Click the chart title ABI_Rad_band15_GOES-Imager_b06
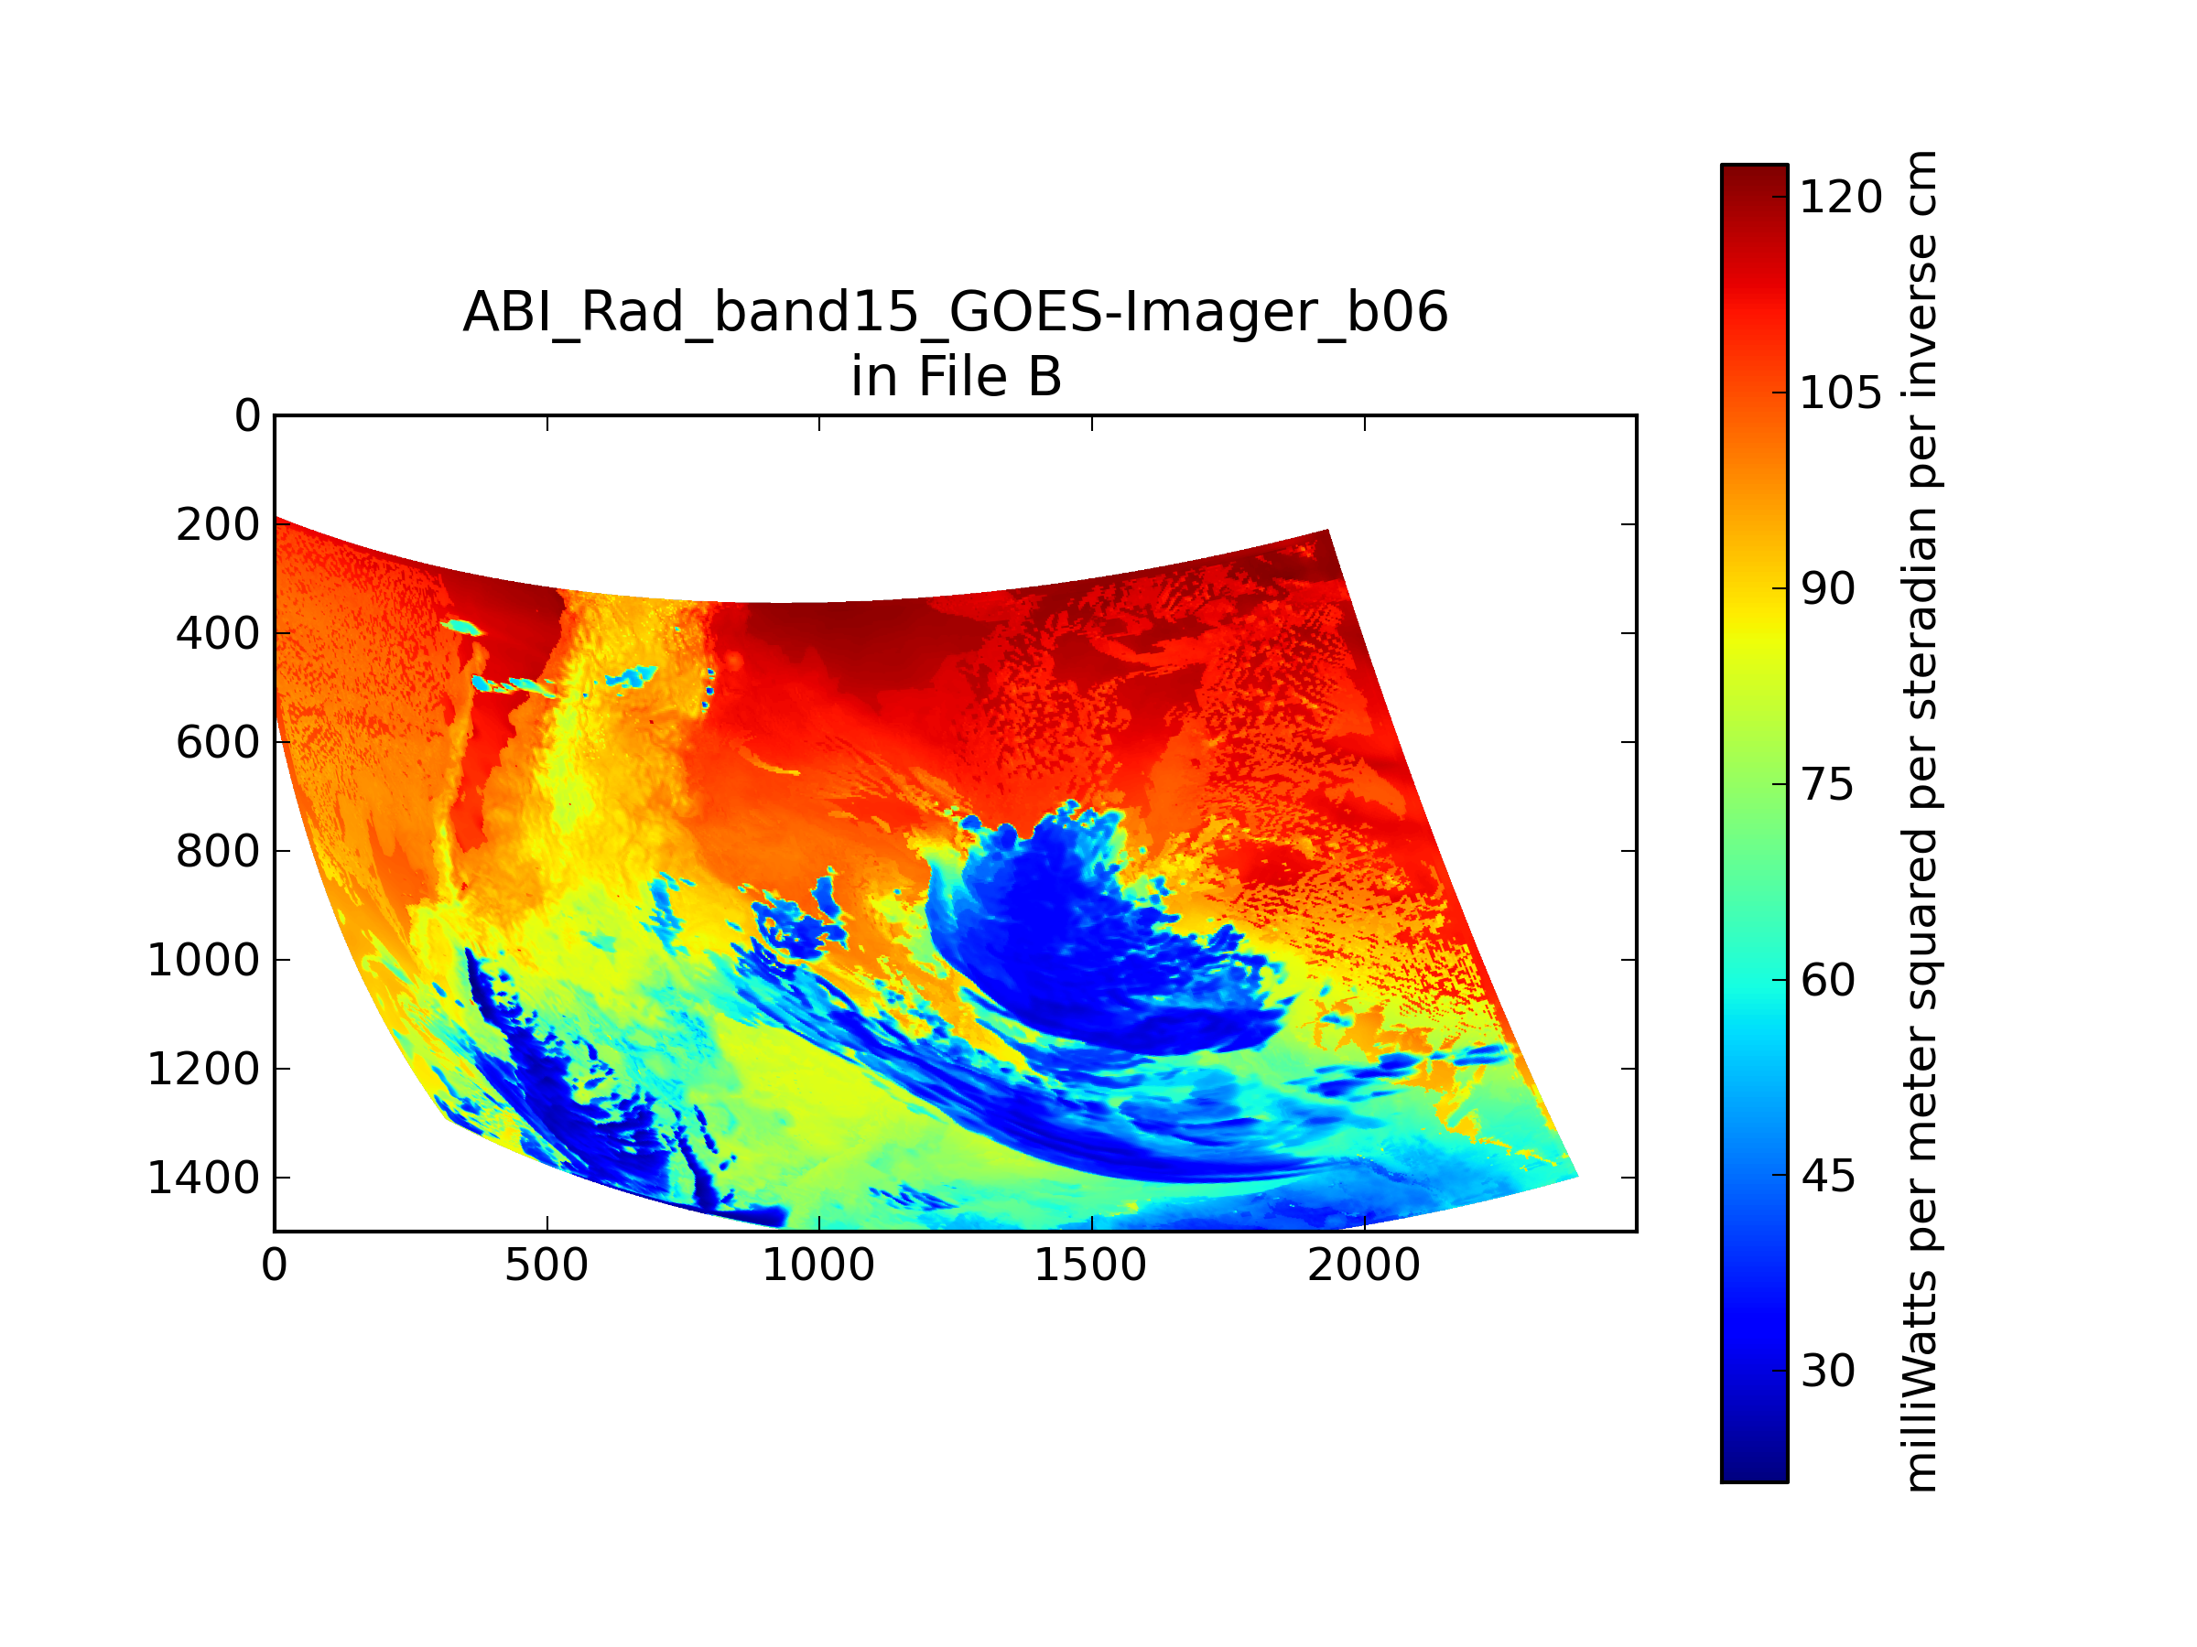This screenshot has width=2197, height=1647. [956, 313]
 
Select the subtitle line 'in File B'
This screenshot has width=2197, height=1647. [957, 377]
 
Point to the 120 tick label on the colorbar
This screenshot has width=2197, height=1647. [1840, 198]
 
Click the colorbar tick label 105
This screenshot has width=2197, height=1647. [1840, 393]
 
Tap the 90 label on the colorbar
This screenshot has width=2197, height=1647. [1827, 588]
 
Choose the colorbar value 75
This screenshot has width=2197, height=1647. [1827, 785]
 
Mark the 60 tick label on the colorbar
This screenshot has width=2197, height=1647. [1827, 980]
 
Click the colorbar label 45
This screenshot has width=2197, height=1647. [1827, 1176]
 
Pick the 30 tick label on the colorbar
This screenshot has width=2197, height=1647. [1827, 1371]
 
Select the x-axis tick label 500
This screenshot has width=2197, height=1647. [547, 1265]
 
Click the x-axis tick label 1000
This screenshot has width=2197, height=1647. [818, 1265]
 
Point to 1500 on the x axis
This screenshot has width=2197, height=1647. [1090, 1265]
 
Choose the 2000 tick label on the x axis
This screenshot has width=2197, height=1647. [1364, 1265]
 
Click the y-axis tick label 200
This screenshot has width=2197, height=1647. [219, 525]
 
